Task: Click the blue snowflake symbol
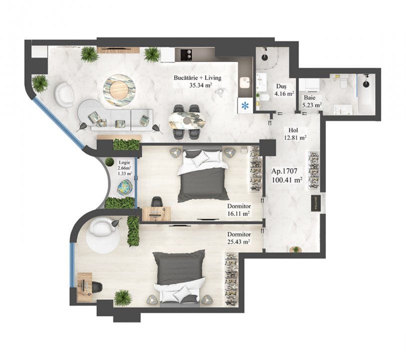click(244, 105)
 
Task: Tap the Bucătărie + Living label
click(198, 77)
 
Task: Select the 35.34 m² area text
click(201, 85)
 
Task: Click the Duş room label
click(281, 86)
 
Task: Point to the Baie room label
click(309, 98)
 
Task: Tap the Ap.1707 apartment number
click(284, 171)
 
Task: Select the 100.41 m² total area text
click(287, 179)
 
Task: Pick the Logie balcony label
click(124, 162)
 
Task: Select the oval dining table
click(187, 120)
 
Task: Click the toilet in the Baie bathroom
click(343, 82)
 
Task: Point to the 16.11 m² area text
click(238, 213)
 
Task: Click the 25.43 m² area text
click(238, 242)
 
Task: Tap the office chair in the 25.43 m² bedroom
click(96, 287)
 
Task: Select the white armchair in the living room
click(65, 94)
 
